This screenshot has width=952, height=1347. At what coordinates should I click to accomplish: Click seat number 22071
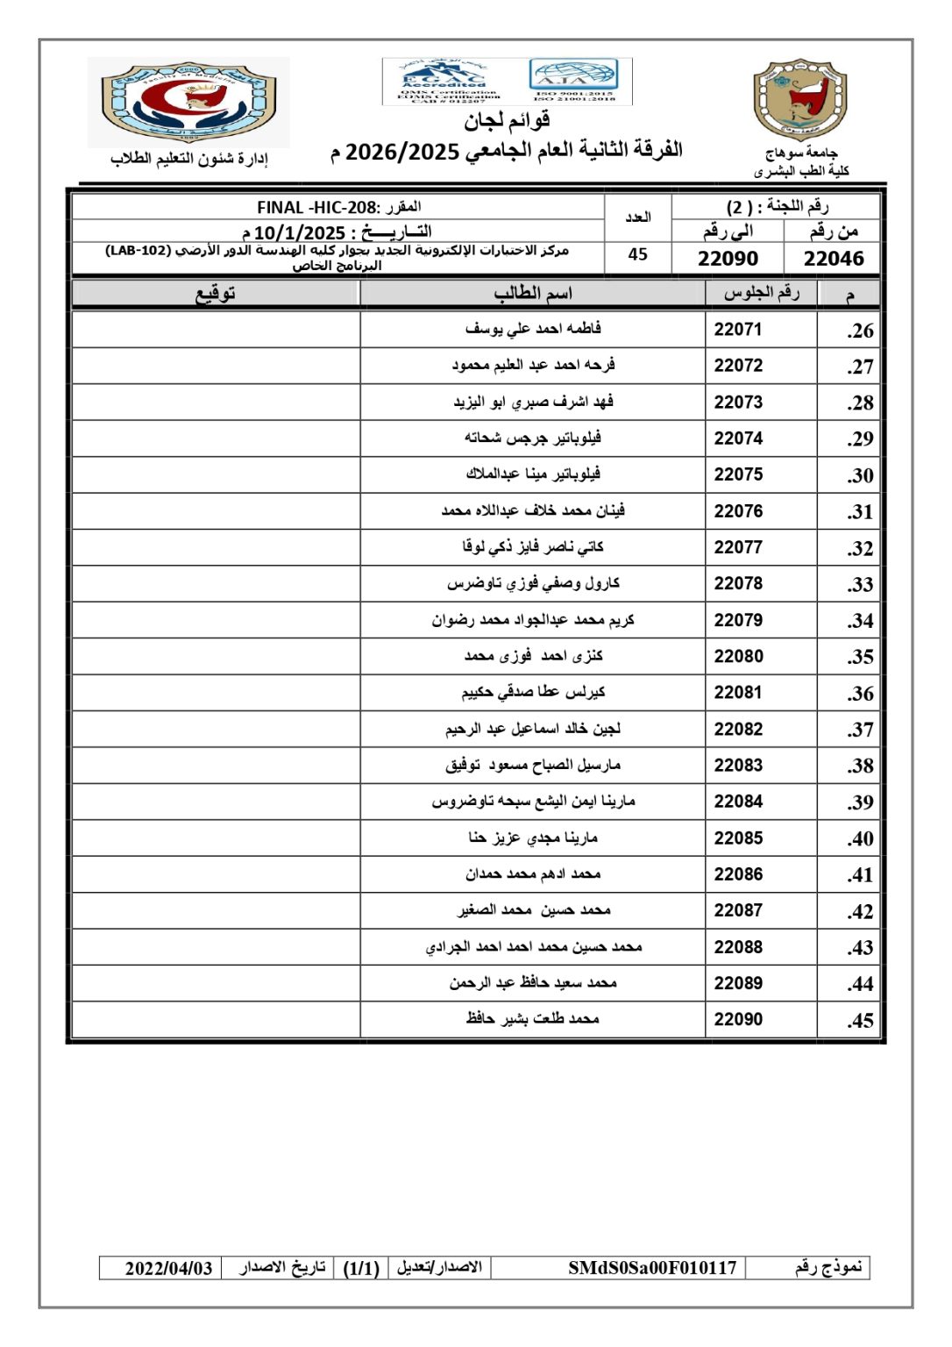pos(738,330)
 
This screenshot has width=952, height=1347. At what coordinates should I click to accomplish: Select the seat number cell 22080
pos(738,656)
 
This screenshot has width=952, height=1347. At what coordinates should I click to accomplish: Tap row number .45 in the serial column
pos(860,1021)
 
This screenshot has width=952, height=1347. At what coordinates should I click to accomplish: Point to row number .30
pos(860,475)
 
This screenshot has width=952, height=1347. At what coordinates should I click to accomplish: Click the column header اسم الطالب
pos(533,293)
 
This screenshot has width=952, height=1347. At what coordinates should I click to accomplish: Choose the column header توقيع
pos(216,293)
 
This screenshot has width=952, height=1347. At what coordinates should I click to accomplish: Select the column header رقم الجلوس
pos(761,293)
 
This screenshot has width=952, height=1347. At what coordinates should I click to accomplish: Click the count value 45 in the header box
pos(638,254)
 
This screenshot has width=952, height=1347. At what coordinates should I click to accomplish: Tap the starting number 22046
pos(834,258)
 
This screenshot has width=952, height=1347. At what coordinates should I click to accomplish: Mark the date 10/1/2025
pos(300,233)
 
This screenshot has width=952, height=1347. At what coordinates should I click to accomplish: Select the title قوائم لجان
pos(507,120)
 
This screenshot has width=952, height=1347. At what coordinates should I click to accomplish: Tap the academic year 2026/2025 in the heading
pos(402,152)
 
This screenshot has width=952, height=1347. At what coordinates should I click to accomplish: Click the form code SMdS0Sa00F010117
pos(652,1268)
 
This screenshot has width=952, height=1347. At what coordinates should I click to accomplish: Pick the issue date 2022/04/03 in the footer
pos(168,1268)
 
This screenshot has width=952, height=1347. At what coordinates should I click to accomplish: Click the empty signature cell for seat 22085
pos(216,838)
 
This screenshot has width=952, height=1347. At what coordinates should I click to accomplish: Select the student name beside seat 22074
pos(533,438)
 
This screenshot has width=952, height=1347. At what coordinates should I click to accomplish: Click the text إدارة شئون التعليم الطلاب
pos(189,159)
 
